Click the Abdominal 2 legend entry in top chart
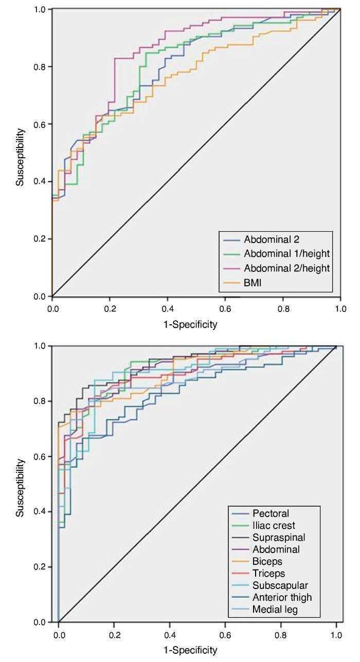point(272,239)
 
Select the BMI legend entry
point(253,282)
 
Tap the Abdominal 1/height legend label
point(287,253)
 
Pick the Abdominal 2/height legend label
point(287,267)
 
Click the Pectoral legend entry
point(271,513)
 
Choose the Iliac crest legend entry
point(274,525)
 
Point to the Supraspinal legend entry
point(279,538)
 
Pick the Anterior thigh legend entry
point(282,597)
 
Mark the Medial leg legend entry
point(275,610)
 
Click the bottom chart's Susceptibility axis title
point(20,487)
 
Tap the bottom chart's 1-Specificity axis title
point(191,650)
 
